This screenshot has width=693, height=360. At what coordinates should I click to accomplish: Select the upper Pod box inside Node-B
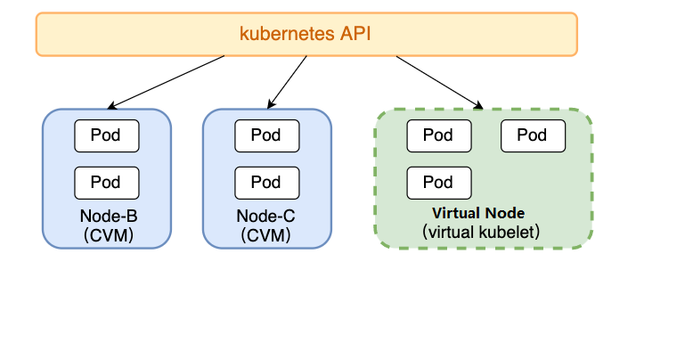(106, 135)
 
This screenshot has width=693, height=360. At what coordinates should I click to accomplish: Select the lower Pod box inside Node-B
(106, 183)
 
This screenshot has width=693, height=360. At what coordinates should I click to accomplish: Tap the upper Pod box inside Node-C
(265, 135)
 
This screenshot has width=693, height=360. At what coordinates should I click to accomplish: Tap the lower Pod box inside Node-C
(265, 183)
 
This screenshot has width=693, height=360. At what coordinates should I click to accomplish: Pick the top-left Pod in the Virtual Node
(438, 135)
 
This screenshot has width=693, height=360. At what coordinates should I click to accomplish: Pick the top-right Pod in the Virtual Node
(532, 135)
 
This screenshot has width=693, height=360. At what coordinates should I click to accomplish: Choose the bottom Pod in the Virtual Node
(438, 183)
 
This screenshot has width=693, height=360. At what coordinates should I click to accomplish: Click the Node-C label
(265, 217)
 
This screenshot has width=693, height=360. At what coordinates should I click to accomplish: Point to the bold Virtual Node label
(478, 214)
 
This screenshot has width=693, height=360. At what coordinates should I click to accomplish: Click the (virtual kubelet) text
(482, 232)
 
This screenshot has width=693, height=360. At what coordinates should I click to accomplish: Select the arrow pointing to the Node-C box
(287, 82)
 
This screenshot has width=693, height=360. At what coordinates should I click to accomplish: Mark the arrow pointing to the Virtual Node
(438, 82)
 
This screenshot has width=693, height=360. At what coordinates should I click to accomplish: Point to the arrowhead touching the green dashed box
(478, 106)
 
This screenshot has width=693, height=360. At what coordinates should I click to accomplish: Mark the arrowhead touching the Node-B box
(110, 106)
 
